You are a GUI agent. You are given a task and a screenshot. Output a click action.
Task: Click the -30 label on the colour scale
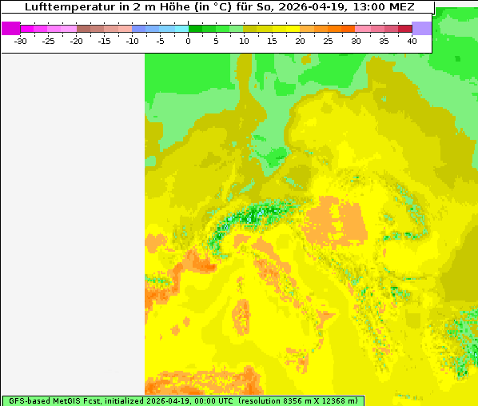coord(20,41)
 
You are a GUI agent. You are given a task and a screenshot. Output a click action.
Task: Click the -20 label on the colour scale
coord(77,41)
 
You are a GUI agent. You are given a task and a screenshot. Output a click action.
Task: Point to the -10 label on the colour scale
coord(133,41)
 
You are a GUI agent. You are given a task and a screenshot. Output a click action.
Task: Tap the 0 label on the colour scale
coord(189,41)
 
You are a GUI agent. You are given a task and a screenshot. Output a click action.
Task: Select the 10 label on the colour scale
coord(244,41)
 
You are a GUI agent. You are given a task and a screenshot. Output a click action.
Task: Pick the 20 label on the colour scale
coord(300,41)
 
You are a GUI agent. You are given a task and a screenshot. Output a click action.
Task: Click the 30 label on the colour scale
coord(356,41)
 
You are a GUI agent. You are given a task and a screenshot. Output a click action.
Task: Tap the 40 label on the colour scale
coord(412,41)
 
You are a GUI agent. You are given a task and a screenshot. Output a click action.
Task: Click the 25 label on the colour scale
coord(328,41)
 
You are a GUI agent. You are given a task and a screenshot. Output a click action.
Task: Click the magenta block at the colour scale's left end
coord(10,28)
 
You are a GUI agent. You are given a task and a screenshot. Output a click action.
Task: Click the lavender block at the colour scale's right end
coord(421,28)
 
